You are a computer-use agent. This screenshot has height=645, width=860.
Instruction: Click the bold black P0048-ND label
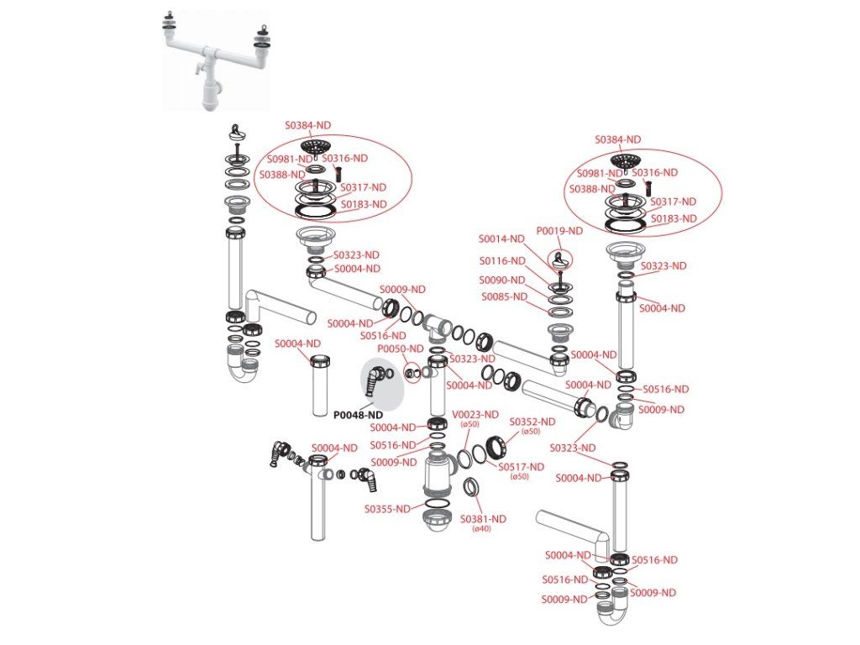[x=358, y=415]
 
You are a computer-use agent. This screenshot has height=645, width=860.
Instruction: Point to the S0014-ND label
[x=501, y=239]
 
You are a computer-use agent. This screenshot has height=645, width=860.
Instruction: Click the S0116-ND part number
[x=502, y=261]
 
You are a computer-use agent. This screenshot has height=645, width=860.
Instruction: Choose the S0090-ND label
[x=502, y=281]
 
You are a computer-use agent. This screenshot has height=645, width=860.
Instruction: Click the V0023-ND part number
[x=475, y=415]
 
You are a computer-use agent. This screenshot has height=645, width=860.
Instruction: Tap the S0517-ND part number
[x=521, y=467]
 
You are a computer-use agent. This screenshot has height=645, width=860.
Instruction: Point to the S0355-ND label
[x=388, y=509]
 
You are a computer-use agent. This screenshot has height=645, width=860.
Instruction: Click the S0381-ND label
[x=483, y=519]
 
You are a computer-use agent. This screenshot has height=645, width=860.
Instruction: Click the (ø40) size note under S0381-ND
[x=481, y=529]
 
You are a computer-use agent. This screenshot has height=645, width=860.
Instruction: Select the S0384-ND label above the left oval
[x=307, y=125]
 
